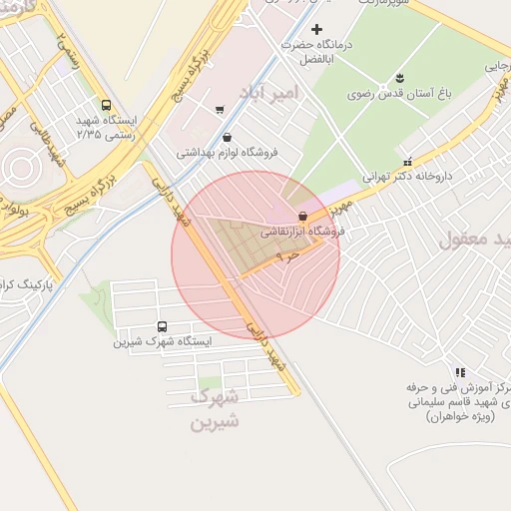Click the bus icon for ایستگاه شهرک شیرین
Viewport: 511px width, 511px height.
tap(163, 326)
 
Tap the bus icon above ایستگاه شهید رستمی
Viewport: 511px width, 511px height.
tap(106, 105)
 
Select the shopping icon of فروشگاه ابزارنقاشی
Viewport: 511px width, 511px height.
tap(302, 217)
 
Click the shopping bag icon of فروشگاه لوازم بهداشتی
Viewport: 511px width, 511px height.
tap(228, 138)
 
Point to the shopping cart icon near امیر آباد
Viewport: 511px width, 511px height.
tap(219, 110)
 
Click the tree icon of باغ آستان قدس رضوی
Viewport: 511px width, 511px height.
tap(399, 78)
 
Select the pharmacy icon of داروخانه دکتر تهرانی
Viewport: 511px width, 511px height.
tap(406, 161)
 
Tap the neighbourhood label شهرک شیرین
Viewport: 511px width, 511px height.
tap(216, 408)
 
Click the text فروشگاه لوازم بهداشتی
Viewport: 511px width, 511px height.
tap(228, 154)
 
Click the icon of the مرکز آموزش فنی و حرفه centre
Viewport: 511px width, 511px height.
tap(459, 371)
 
